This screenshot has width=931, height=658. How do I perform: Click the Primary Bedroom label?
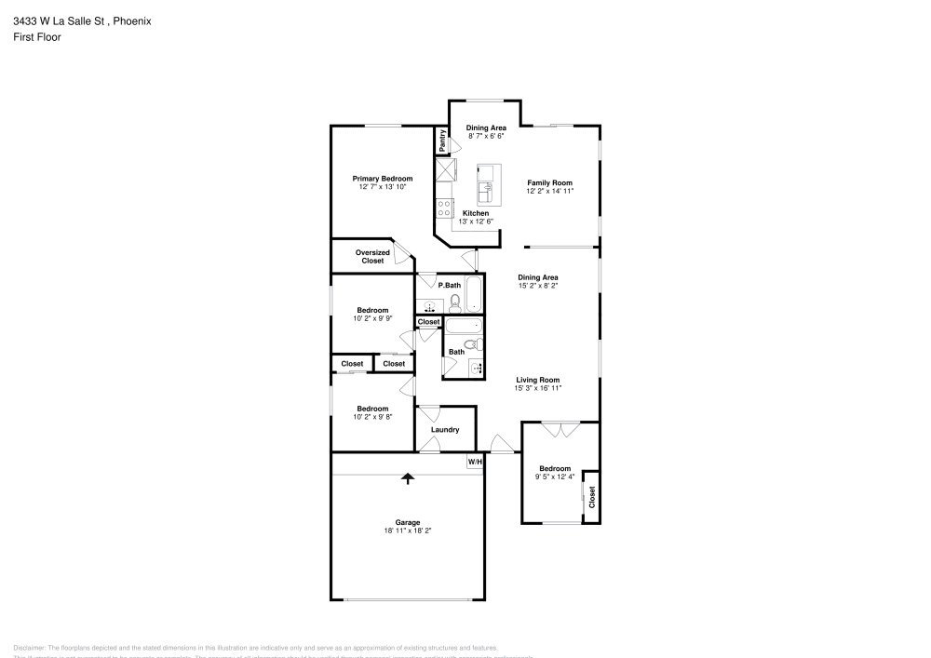[382, 179]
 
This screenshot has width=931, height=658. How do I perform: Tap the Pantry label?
[442, 141]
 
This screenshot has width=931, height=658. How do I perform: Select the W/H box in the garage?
[475, 461]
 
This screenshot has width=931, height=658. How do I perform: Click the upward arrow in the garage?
[407, 478]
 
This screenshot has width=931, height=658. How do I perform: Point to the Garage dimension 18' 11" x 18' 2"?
[407, 530]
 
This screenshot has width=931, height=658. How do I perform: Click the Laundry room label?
[445, 430]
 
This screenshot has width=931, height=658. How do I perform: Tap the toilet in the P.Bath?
[455, 302]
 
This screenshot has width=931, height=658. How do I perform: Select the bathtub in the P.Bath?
[475, 294]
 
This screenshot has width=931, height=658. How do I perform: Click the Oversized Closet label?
[372, 257]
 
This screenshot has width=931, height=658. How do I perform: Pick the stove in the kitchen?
[444, 208]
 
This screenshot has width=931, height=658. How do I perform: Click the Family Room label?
[549, 182]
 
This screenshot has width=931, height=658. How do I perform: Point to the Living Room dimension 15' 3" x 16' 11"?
[538, 388]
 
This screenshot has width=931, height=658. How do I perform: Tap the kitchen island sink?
[484, 193]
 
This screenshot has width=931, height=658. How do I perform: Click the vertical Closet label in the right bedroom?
[591, 496]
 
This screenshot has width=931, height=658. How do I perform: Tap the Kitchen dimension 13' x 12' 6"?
[475, 222]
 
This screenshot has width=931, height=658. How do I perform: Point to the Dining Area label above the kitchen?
[486, 128]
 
